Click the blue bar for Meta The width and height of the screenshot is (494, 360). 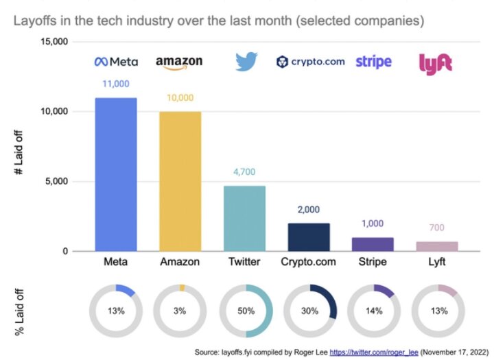pos(116,175)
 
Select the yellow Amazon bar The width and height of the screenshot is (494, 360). pos(180,181)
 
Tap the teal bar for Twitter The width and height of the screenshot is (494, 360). pos(245,218)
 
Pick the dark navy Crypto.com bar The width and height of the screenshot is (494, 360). pos(309,237)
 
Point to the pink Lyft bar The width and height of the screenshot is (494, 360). pos(438,246)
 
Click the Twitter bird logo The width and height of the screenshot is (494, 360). pos(246,62)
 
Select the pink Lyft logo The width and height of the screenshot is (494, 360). pos(436,63)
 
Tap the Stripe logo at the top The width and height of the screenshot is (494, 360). pos(374,62)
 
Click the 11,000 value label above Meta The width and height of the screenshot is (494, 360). pos(116,84)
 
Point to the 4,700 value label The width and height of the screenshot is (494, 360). pos(245,173)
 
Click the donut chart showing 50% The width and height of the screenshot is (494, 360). pos(246,311)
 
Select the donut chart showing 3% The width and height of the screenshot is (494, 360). pos(180,311)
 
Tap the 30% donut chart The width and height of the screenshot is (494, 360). pos(310,311)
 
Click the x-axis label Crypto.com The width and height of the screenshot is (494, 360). pos(309,263)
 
